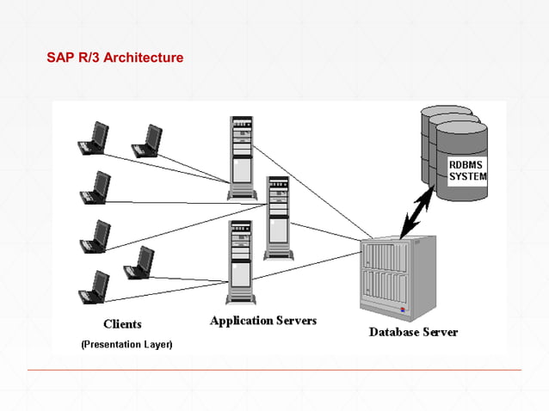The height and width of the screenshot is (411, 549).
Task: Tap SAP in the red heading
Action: tap(60, 58)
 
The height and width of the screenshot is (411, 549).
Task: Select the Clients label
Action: tap(122, 324)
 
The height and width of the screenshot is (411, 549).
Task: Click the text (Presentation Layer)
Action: tap(126, 344)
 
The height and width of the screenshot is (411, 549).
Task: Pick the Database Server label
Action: tap(413, 332)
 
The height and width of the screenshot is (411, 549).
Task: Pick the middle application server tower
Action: tap(278, 218)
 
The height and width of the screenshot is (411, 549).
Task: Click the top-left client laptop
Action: tap(93, 138)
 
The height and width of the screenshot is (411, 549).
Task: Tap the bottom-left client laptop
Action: tap(93, 287)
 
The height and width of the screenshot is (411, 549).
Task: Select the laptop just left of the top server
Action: tap(147, 141)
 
